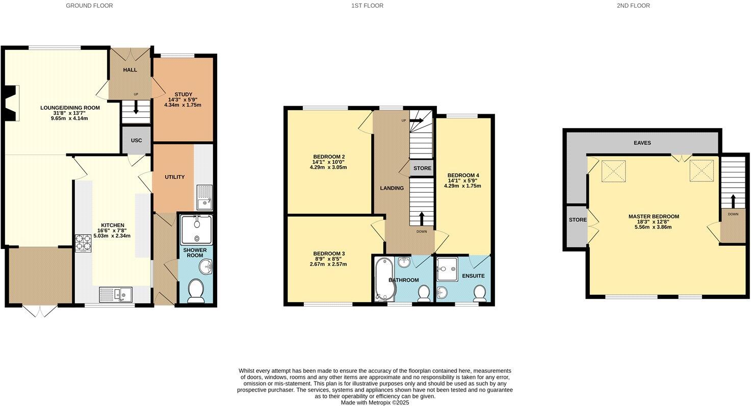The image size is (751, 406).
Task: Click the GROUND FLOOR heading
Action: [x=89, y=6]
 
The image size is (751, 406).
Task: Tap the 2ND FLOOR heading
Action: [x=633, y=6]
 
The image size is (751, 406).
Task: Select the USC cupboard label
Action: [x=136, y=140]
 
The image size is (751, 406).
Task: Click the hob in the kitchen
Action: [x=83, y=243]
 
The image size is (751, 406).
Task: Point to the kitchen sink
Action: [x=115, y=294]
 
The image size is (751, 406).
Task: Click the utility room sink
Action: [x=204, y=197]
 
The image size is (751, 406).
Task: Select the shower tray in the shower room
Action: [x=196, y=230]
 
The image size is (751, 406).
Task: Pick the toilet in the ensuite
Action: [x=479, y=293]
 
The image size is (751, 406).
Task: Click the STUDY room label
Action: [x=183, y=94]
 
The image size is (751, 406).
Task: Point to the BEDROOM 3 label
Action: [x=329, y=253]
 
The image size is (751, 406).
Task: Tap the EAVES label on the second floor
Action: [x=642, y=143]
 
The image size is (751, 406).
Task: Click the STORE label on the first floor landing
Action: [x=422, y=168]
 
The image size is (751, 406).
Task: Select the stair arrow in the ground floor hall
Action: [x=136, y=108]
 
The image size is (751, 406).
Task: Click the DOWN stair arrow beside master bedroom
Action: [x=733, y=200]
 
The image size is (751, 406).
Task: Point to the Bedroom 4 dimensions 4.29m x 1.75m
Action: [x=462, y=186]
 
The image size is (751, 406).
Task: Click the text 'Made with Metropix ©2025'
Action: [x=375, y=402]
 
